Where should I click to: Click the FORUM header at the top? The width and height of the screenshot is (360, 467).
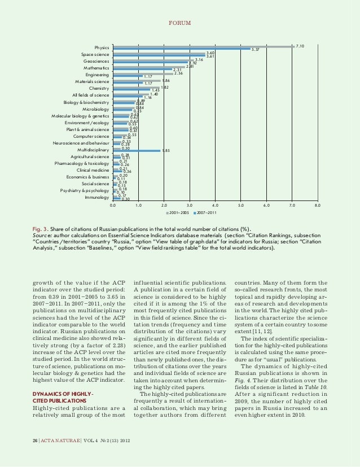pyautogui.click(x=180, y=23)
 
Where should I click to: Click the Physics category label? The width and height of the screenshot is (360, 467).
pyautogui.click(x=102, y=47)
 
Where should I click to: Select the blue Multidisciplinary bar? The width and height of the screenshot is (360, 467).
pyautogui.click(x=137, y=151)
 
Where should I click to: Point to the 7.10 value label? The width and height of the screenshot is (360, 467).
pyautogui.click(x=300, y=46)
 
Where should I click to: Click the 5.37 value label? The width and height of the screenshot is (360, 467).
pyautogui.click(x=255, y=50)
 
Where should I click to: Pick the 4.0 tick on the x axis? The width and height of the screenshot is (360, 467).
pyautogui.click(x=216, y=207)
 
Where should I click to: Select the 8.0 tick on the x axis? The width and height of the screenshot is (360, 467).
pyautogui.click(x=318, y=207)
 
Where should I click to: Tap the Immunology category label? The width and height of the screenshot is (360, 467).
pyautogui.click(x=97, y=198)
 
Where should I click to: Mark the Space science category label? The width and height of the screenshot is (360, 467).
pyautogui.click(x=95, y=54)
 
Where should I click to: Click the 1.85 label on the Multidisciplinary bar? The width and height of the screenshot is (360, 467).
pyautogui.click(x=166, y=151)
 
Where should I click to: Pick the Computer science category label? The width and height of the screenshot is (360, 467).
pyautogui.click(x=91, y=136)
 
